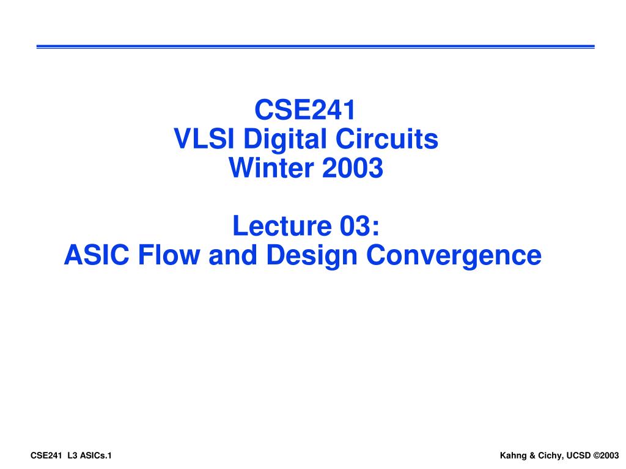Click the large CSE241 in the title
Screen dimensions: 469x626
pos(304,111)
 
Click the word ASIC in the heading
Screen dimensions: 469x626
pos(97,255)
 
